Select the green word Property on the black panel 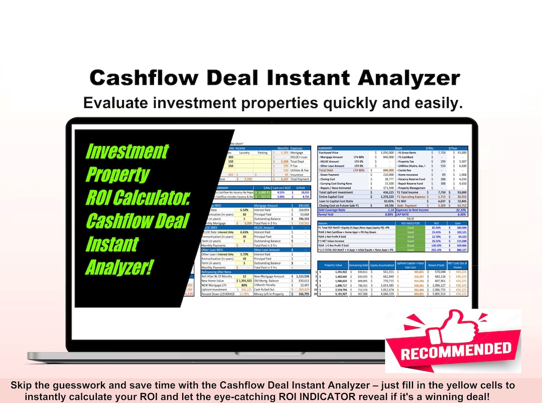(x=117, y=174)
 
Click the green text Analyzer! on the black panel (x=119, y=267)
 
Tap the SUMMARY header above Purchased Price (x=329, y=148)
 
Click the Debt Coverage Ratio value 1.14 (x=387, y=210)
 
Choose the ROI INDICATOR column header (x=409, y=223)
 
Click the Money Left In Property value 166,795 (x=303, y=294)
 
